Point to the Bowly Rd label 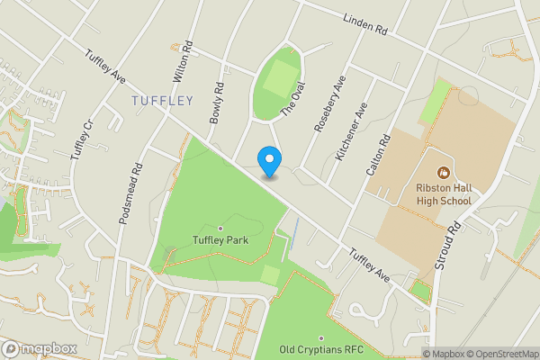click(x=216, y=104)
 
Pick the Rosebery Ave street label click(x=329, y=104)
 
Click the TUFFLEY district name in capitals click(x=162, y=100)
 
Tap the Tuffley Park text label click(x=220, y=240)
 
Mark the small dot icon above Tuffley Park click(x=220, y=228)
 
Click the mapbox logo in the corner click(x=40, y=348)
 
